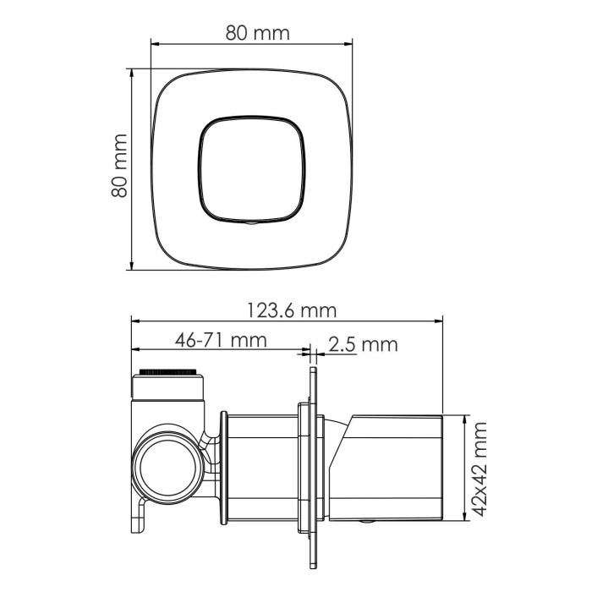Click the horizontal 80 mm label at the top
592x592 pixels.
click(257, 33)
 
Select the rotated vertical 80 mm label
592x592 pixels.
click(119, 166)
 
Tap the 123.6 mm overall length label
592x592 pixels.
click(291, 310)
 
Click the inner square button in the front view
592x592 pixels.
click(252, 167)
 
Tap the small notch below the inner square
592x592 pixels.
click(252, 223)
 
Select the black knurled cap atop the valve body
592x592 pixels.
click(170, 372)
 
